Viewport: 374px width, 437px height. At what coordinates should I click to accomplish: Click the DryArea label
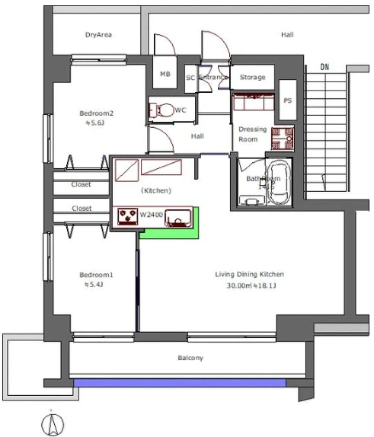(x=98, y=35)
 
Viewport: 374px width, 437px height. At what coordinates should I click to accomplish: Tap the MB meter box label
(x=165, y=74)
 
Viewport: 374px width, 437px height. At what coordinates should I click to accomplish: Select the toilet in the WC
(x=162, y=110)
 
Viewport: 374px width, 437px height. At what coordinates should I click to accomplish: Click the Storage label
(x=252, y=77)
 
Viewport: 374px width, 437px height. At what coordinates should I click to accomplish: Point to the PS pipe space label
(x=287, y=100)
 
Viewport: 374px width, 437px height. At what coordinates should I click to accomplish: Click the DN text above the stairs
(x=324, y=67)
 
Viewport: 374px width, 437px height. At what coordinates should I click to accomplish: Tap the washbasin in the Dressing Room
(x=283, y=139)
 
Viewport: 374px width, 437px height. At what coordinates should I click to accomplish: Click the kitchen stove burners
(x=128, y=216)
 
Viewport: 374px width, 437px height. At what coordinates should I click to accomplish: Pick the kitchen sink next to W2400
(x=178, y=218)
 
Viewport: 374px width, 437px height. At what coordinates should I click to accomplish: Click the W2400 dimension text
(x=151, y=215)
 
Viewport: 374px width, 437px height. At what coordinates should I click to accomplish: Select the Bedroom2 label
(x=96, y=113)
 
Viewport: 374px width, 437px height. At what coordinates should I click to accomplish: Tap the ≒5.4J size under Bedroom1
(x=94, y=285)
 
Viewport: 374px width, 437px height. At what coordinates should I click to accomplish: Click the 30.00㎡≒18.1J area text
(x=251, y=285)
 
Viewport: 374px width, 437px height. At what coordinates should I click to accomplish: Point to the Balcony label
(x=190, y=358)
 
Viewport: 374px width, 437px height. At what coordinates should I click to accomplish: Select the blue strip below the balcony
(x=180, y=383)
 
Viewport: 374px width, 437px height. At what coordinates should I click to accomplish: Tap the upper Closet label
(x=81, y=184)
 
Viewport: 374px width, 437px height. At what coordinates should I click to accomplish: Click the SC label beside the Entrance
(x=190, y=78)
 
